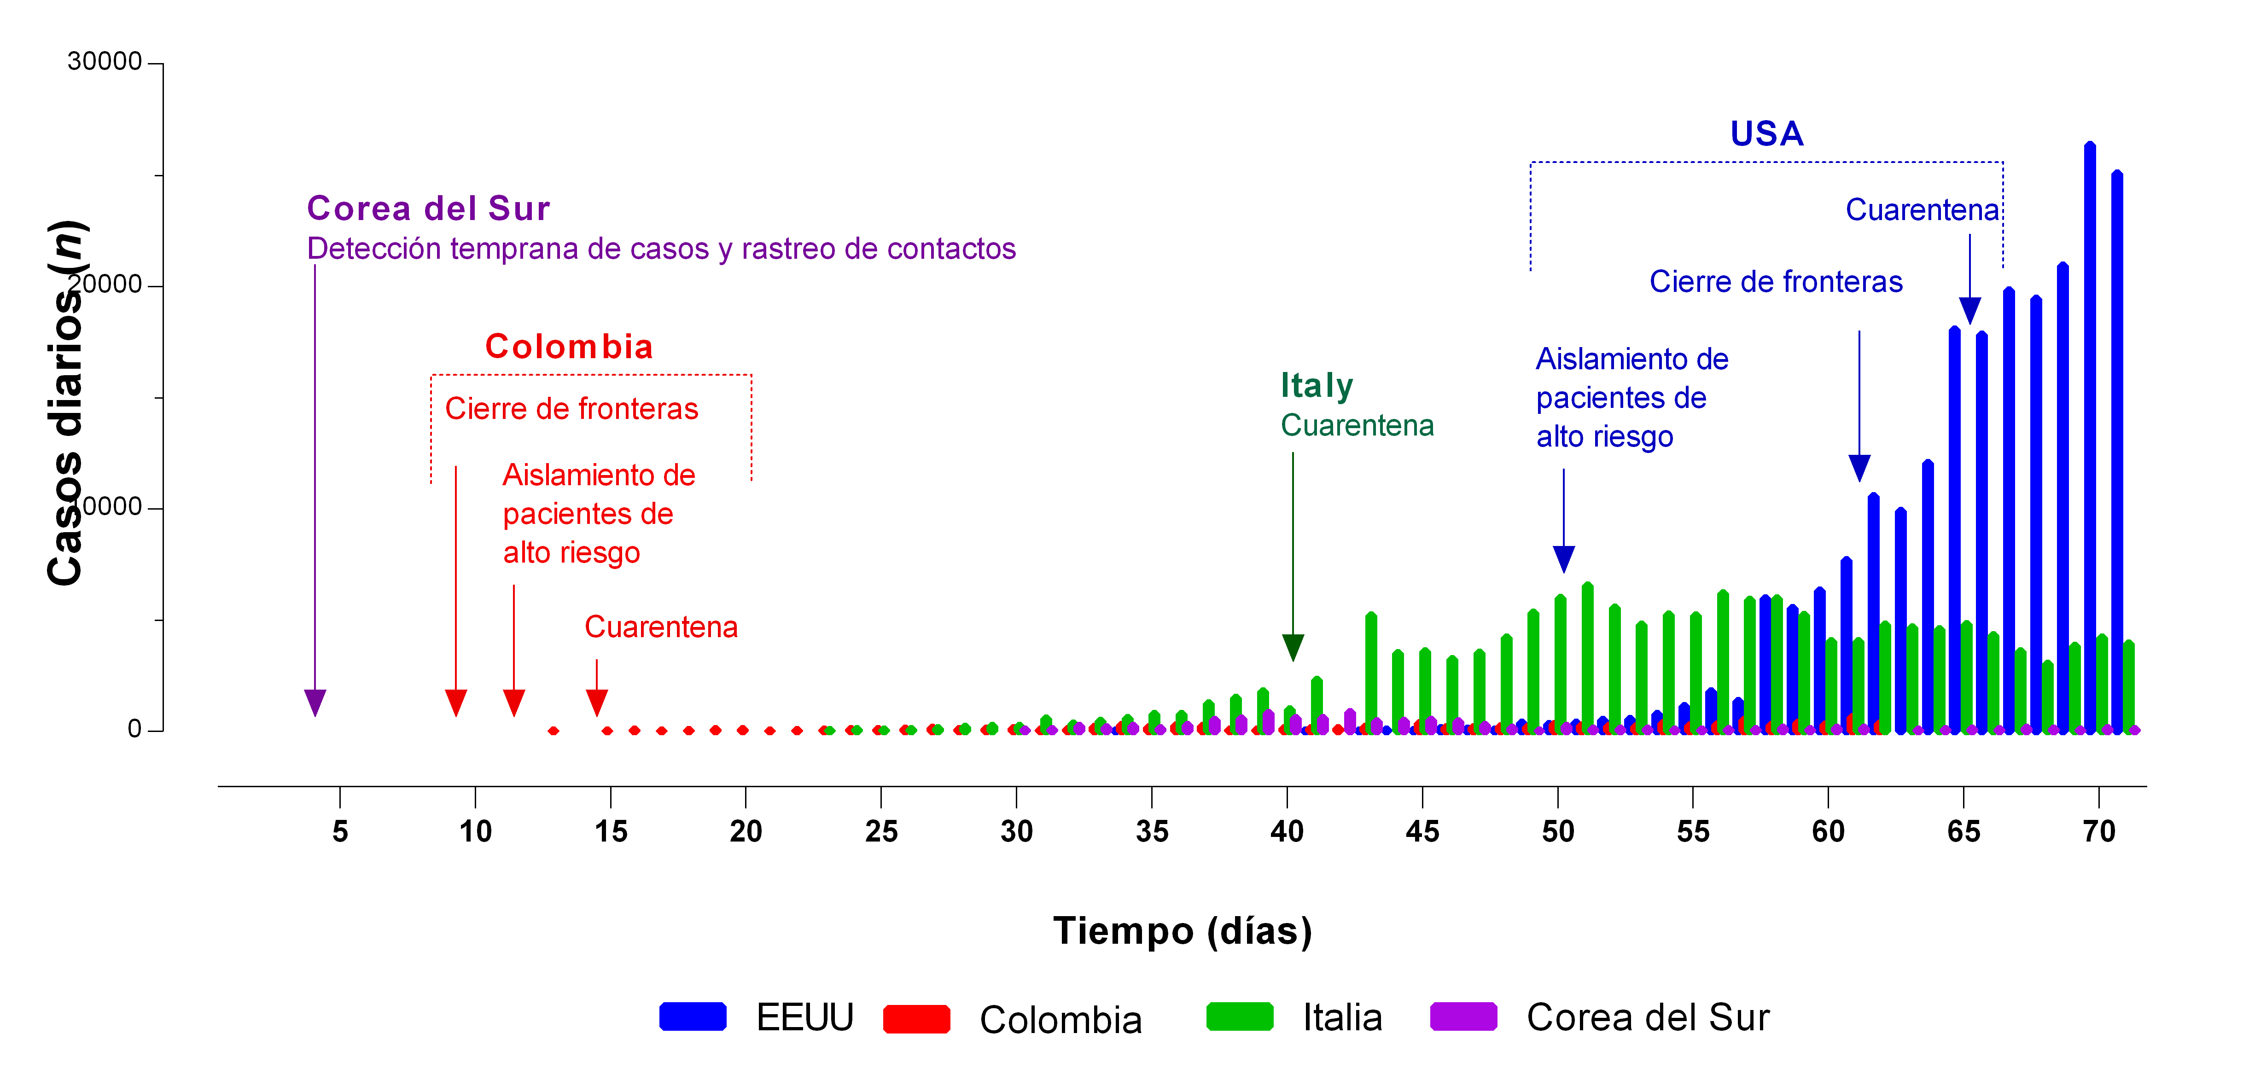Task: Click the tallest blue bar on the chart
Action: (x=2089, y=436)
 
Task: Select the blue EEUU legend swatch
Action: (x=692, y=1017)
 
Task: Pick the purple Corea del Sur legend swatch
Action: (x=1463, y=1017)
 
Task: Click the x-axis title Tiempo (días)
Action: (x=1182, y=931)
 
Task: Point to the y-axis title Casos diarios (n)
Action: (x=65, y=401)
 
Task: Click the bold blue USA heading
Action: (x=1766, y=134)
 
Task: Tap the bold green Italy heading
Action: (x=1317, y=385)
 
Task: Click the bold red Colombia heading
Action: (x=568, y=347)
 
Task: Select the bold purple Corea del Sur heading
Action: (x=428, y=209)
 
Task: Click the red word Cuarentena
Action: (x=661, y=627)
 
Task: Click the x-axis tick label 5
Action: (x=340, y=831)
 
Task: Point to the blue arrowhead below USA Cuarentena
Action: (x=1969, y=310)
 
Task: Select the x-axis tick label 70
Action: (x=2098, y=831)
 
